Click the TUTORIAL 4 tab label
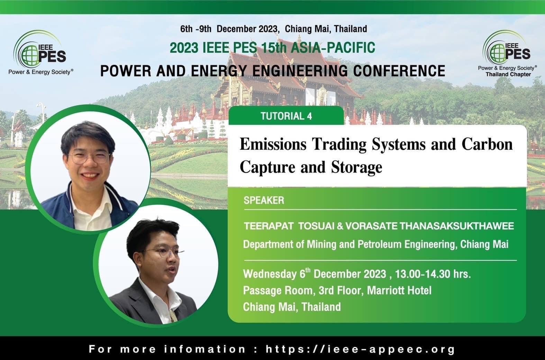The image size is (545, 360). pos(286,116)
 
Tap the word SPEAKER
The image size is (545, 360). pos(264,200)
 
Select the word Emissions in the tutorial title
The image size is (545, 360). pos(273,144)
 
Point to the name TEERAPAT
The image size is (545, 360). pos(269,226)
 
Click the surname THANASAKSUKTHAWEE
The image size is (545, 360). pos(457,226)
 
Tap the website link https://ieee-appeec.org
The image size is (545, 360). pos(360,349)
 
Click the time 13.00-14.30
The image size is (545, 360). pos(423,274)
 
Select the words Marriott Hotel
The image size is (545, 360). pos(399,290)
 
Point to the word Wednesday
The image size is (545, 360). pos(270,274)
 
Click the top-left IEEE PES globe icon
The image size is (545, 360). pos(30,55)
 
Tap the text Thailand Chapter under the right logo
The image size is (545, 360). pos(508,74)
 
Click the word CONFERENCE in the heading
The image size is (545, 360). pos(399,71)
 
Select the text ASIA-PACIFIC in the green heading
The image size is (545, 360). pos(333,48)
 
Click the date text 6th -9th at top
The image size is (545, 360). pos(196,29)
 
